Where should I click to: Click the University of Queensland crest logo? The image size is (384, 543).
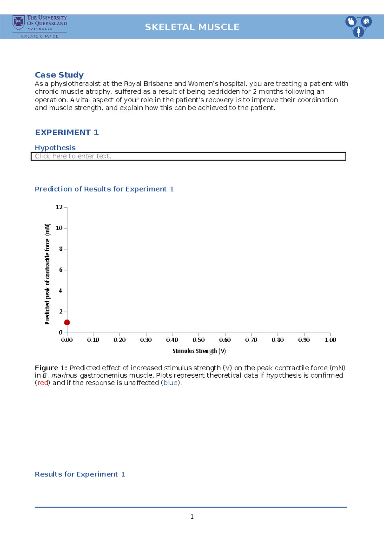tap(19, 22)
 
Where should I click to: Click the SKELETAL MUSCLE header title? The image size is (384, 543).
tap(192, 27)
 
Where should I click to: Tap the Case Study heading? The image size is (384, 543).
tap(59, 75)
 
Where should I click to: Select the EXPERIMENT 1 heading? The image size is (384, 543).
tap(67, 132)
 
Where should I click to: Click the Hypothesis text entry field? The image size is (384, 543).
tap(188, 156)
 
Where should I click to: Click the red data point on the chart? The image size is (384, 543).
tap(67, 322)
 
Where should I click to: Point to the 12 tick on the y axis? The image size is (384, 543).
tap(59, 207)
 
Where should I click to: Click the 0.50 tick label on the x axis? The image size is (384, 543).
tap(199, 340)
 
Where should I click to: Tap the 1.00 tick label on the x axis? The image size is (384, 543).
tap(330, 340)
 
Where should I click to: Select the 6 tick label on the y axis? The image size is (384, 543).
tap(60, 270)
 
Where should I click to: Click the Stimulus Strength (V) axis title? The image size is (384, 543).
tap(199, 351)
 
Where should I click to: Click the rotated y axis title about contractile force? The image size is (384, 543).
tap(47, 274)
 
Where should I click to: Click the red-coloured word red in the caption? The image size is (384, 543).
tap(43, 383)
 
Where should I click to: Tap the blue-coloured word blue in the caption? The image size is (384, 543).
tap(171, 383)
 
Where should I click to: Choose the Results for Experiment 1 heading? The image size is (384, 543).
tap(80, 474)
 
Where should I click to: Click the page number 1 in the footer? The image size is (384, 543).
tap(192, 517)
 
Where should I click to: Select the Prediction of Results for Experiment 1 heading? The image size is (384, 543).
tap(104, 189)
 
